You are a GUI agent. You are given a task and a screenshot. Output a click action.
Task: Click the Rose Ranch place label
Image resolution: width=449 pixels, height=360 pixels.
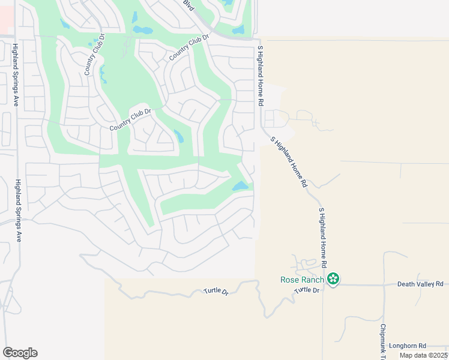click(303, 280)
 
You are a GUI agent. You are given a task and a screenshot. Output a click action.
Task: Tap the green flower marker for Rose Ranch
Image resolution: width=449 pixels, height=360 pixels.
click(333, 279)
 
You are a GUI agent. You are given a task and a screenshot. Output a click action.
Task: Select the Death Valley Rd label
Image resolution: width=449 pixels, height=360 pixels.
click(420, 284)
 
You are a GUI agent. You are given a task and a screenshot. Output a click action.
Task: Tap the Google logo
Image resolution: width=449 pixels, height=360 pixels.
click(20, 353)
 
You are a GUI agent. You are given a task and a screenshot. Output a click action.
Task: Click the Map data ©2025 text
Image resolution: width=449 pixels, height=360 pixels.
click(423, 355)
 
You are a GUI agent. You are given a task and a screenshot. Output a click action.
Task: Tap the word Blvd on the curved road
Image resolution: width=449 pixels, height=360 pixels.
click(190, 6)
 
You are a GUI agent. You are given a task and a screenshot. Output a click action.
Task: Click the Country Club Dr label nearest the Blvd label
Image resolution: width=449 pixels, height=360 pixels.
click(189, 47)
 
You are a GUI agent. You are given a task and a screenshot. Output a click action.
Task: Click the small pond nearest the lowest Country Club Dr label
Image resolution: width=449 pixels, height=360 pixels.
click(179, 137)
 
